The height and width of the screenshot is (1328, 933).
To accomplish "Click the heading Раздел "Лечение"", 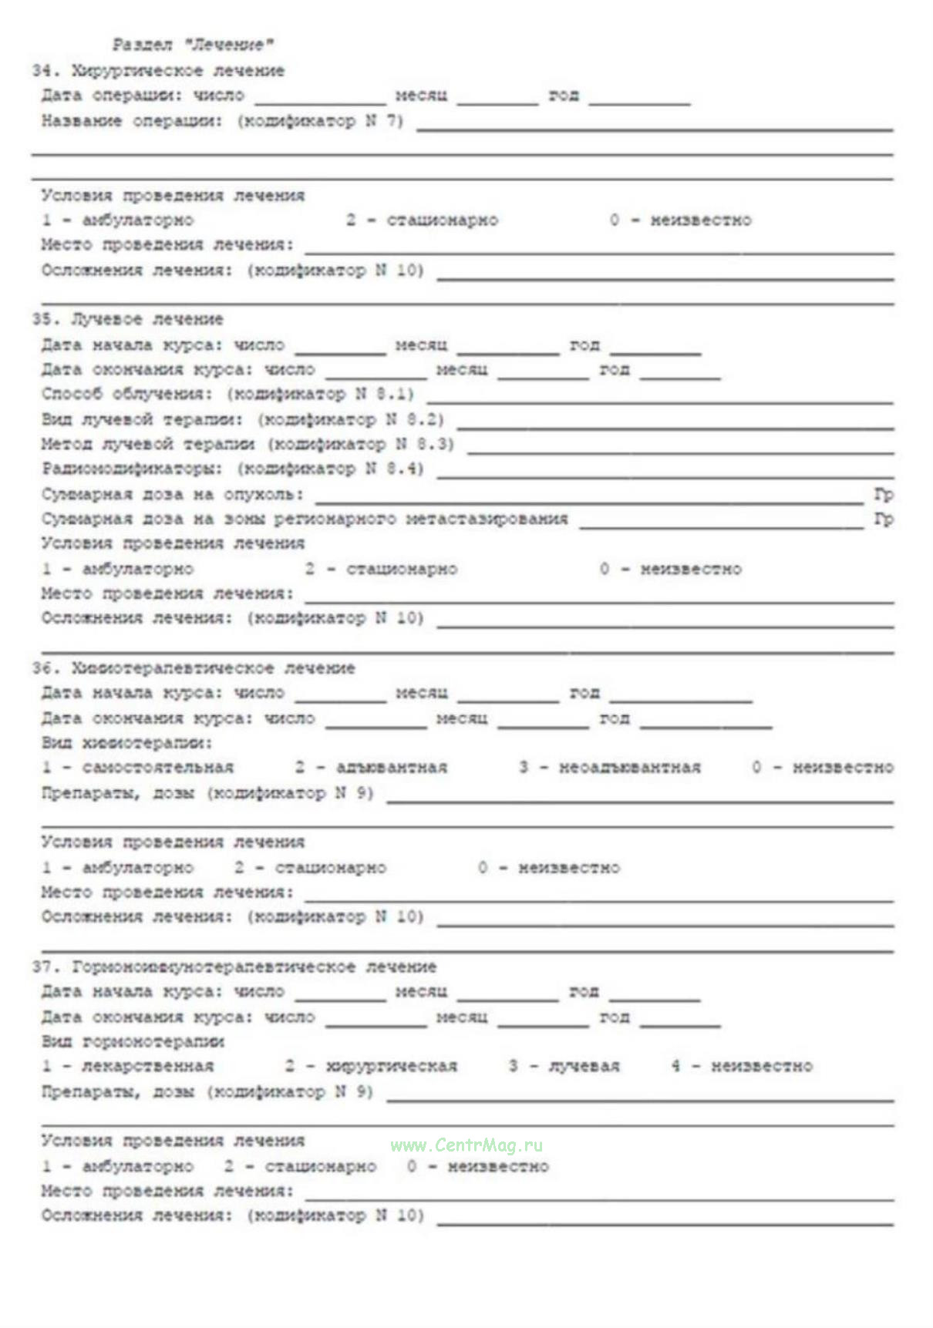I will click(193, 45).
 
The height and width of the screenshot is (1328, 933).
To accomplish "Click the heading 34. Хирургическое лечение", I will click(158, 71).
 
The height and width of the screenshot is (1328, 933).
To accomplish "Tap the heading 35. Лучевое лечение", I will click(127, 319).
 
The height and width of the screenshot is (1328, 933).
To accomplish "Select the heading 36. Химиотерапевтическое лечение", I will click(193, 668).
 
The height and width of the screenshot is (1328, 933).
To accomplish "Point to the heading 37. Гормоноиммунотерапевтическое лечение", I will click(234, 967).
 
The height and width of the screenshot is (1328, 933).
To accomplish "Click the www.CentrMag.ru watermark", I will click(466, 1145).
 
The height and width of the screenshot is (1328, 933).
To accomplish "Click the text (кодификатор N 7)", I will click(320, 121).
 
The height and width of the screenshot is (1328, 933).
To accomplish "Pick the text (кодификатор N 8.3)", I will click(361, 444).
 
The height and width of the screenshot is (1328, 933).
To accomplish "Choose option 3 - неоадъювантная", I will click(610, 768).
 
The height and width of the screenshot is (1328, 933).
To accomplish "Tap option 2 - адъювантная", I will click(371, 768).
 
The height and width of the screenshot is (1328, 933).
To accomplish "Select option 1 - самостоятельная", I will click(137, 768).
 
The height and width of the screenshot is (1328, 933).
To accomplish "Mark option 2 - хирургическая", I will click(371, 1067).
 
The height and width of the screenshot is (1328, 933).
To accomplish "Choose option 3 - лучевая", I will click(564, 1067).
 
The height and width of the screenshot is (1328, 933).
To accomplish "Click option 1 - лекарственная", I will click(127, 1067).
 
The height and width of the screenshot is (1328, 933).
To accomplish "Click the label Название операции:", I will click(132, 121).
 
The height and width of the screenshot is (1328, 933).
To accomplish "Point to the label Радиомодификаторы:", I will click(132, 469).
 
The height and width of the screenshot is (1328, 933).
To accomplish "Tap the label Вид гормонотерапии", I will click(133, 1041).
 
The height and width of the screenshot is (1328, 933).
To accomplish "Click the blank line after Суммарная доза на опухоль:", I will click(589, 501).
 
